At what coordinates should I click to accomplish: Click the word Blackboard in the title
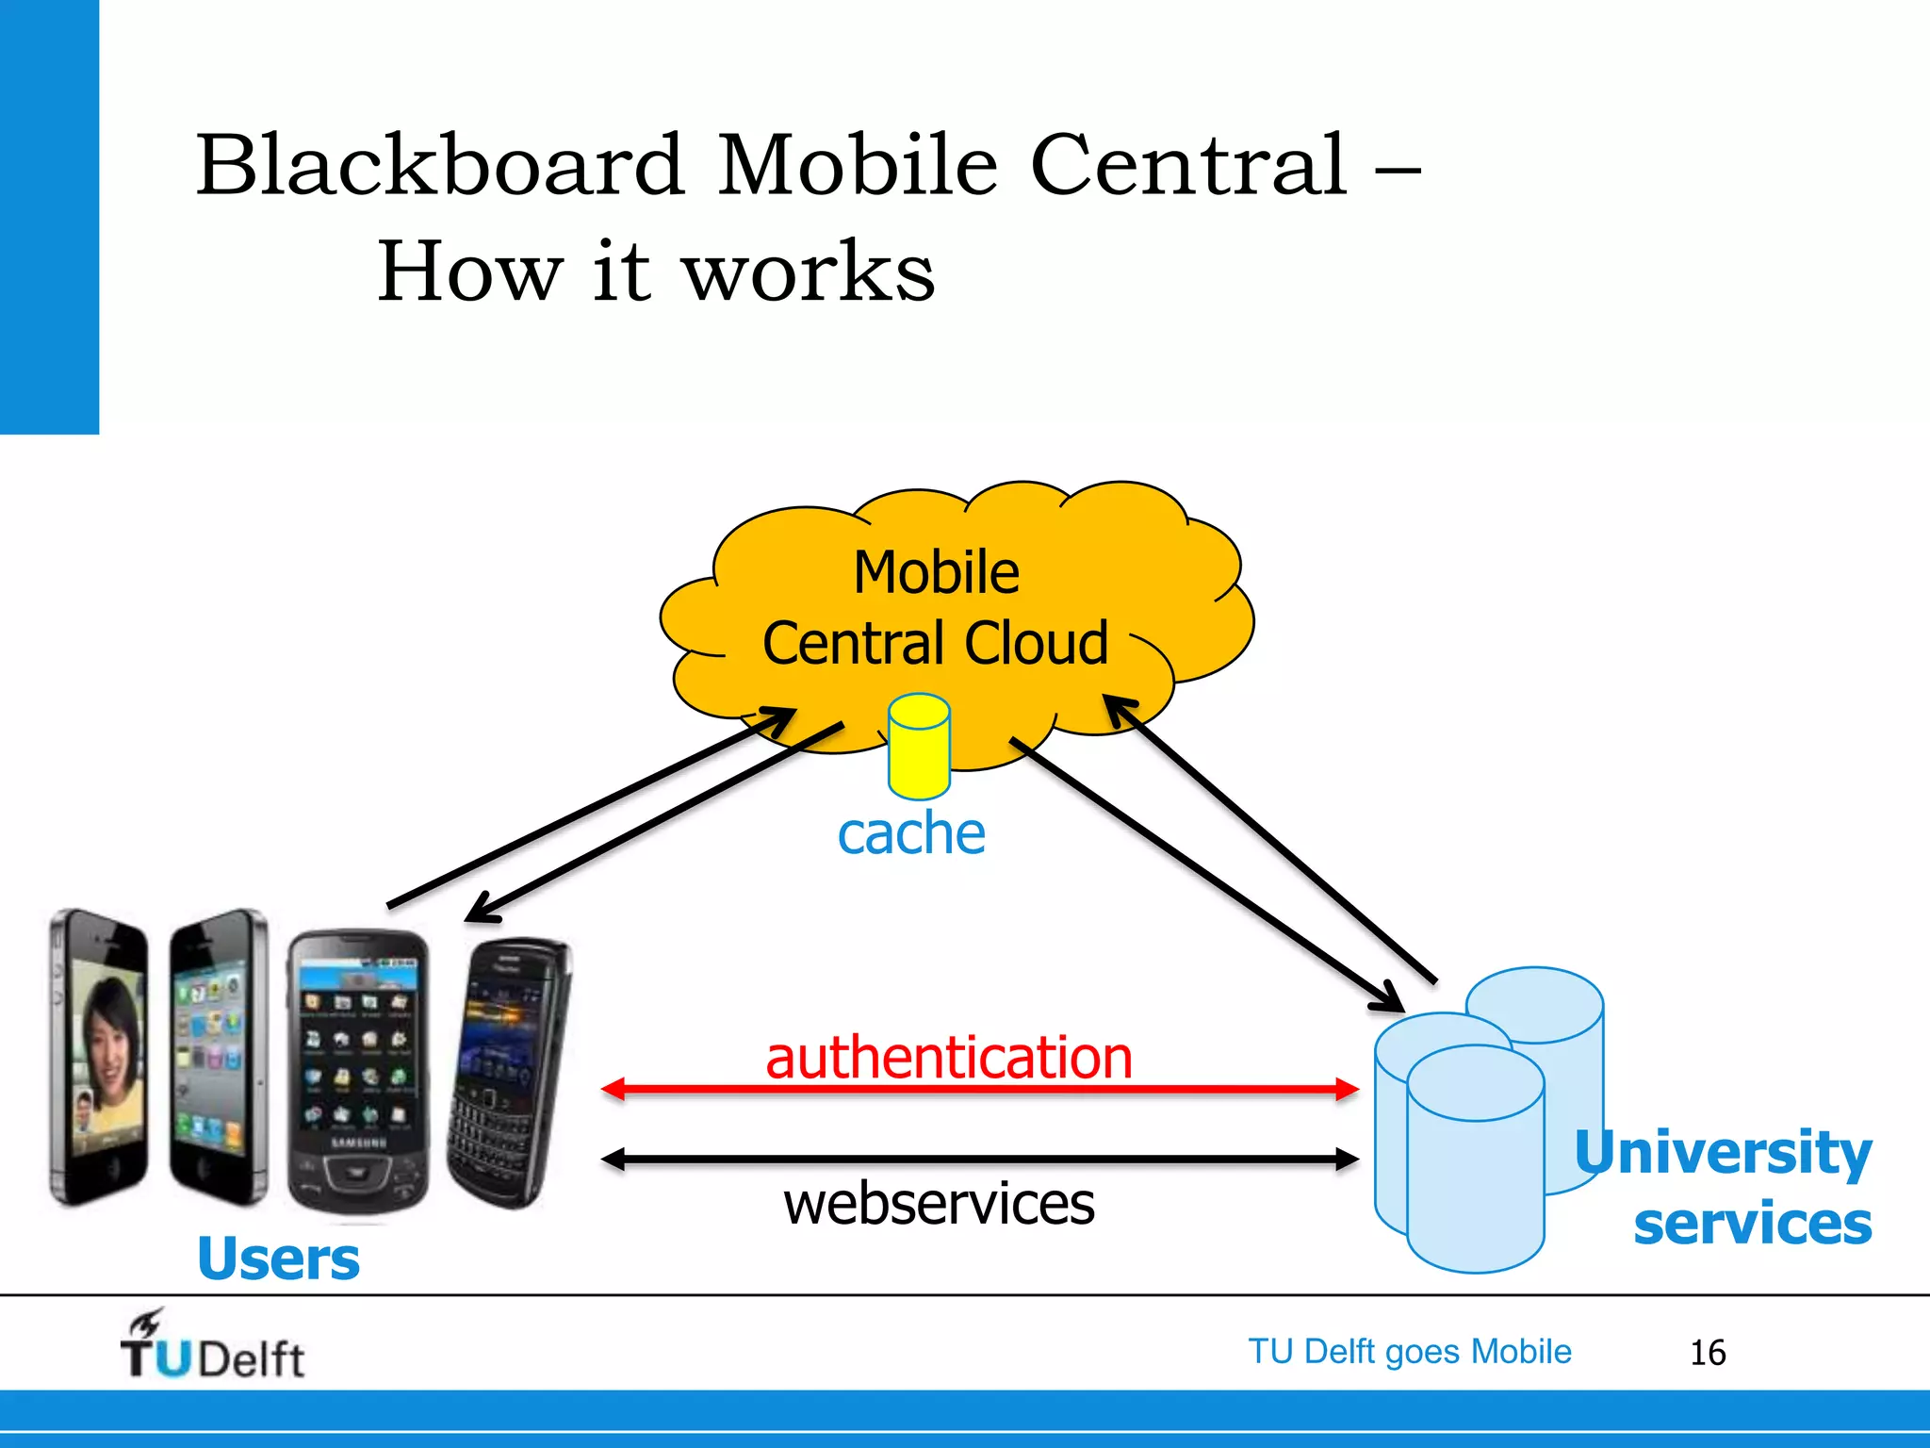coord(439,166)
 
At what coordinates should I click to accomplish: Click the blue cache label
coord(911,834)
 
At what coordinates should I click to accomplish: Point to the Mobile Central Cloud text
coord(936,608)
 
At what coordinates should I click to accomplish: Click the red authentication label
coord(949,1057)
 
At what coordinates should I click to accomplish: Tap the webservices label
coord(940,1204)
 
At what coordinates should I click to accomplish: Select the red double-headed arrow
coord(980,1090)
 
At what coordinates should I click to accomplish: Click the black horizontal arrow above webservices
coord(980,1160)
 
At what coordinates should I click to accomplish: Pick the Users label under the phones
coord(279,1259)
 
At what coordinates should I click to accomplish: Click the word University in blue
coord(1723,1152)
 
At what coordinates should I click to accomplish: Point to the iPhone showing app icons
coord(218,1056)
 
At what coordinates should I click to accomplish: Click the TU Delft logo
coord(212,1346)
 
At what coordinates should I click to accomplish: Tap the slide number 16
coord(1707,1353)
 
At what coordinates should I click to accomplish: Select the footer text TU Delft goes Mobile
coord(1410,1352)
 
